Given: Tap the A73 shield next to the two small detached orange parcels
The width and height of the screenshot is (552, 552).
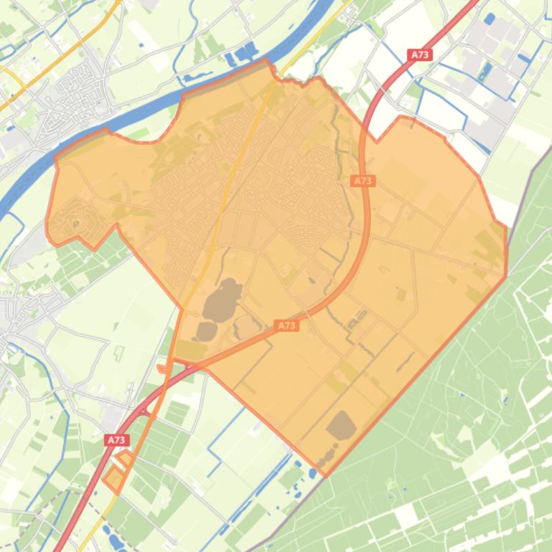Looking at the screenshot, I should [116, 439].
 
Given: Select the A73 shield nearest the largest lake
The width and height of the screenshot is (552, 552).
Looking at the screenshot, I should [286, 325].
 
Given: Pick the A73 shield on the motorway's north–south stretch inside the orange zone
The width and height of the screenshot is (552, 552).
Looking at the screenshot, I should [364, 181].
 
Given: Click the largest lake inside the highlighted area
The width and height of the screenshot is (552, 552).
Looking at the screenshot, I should [222, 300].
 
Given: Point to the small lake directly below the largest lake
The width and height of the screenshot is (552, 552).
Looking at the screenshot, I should [207, 330].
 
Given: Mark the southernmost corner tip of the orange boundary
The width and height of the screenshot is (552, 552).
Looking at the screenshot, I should [325, 475].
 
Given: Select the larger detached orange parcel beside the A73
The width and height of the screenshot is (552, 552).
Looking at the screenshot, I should [113, 478].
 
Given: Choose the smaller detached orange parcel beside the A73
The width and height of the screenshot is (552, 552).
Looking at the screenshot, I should [126, 459].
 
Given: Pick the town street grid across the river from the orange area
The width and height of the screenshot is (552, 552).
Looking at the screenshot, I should [72, 100].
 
